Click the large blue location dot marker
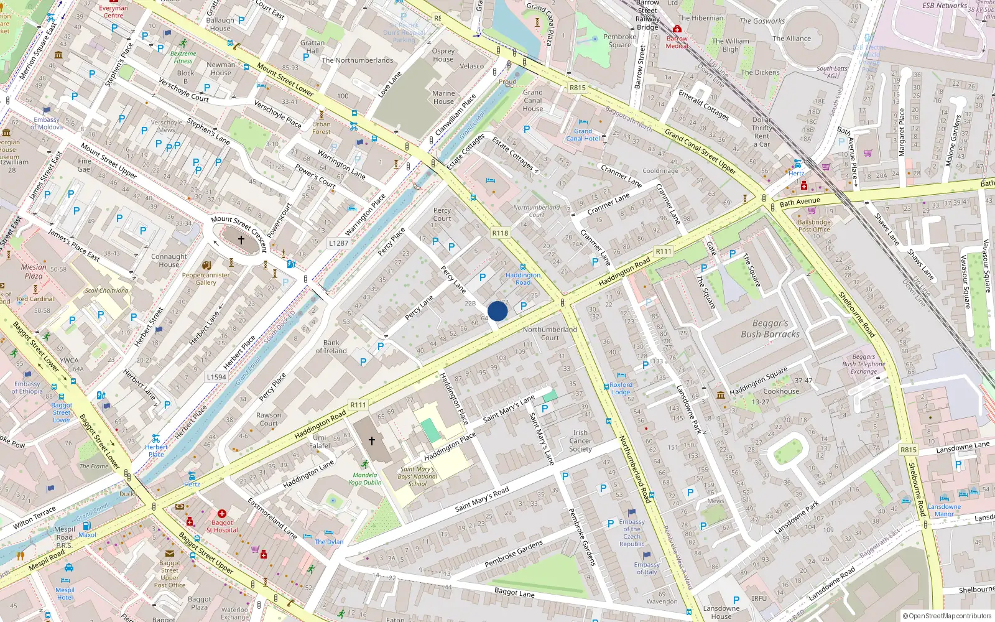[497, 311]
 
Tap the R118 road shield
[500, 233]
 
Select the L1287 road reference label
[339, 243]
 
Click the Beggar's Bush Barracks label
[770, 328]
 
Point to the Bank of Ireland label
[331, 347]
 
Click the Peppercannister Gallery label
[206, 279]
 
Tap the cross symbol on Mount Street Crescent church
[241, 239]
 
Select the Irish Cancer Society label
[580, 440]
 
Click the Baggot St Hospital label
[222, 526]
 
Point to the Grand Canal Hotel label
[583, 135]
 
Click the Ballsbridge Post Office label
[814, 226]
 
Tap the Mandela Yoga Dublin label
[365, 478]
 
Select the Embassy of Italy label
[647, 568]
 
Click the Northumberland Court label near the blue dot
[550, 333]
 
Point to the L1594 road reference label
[216, 377]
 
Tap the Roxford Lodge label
[621, 388]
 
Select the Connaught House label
[169, 260]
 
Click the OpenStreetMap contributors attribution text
[947, 616]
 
